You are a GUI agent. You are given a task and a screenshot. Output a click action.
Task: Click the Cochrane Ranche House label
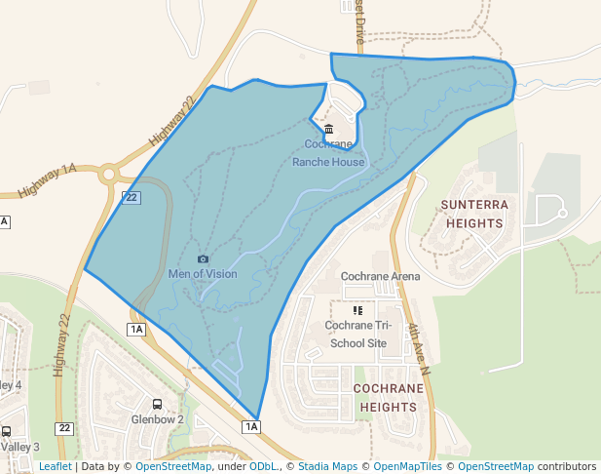click(328, 153)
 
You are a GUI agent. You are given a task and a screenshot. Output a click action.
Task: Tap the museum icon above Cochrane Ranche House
click(328, 130)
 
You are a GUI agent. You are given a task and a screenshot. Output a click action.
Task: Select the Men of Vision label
click(203, 274)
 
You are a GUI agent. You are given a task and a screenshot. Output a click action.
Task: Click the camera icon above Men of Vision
click(203, 258)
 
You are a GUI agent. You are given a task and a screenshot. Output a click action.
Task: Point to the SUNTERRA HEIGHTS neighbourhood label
click(474, 214)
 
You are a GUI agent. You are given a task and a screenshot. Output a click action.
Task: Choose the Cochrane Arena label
click(380, 276)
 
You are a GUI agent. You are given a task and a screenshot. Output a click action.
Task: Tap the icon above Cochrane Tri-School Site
click(357, 310)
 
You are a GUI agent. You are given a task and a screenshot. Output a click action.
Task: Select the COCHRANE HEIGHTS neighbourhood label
click(389, 396)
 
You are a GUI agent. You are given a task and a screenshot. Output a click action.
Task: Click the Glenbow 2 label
click(157, 419)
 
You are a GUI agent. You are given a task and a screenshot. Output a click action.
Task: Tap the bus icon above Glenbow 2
click(157, 403)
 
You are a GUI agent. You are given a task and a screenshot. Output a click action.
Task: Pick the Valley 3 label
click(19, 447)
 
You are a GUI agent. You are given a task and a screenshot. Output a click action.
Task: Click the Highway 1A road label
click(46, 182)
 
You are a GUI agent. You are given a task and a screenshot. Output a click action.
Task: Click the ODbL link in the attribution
click(263, 466)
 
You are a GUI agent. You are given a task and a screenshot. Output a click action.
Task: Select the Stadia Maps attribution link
click(327, 466)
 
